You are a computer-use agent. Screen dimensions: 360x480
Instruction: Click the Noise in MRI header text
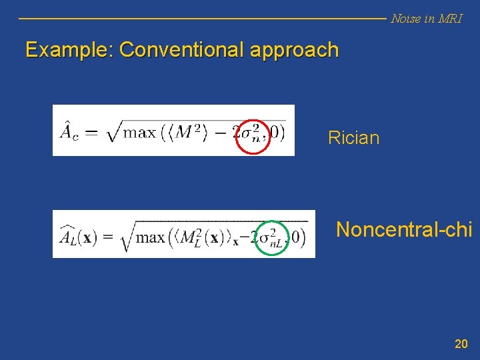[426, 19]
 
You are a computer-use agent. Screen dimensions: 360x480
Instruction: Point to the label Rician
[353, 138]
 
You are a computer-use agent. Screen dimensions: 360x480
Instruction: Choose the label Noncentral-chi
[404, 229]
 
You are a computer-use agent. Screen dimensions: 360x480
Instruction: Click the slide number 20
[461, 344]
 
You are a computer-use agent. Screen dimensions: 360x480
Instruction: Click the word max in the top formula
[140, 131]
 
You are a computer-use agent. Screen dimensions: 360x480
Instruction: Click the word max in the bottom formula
[150, 237]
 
